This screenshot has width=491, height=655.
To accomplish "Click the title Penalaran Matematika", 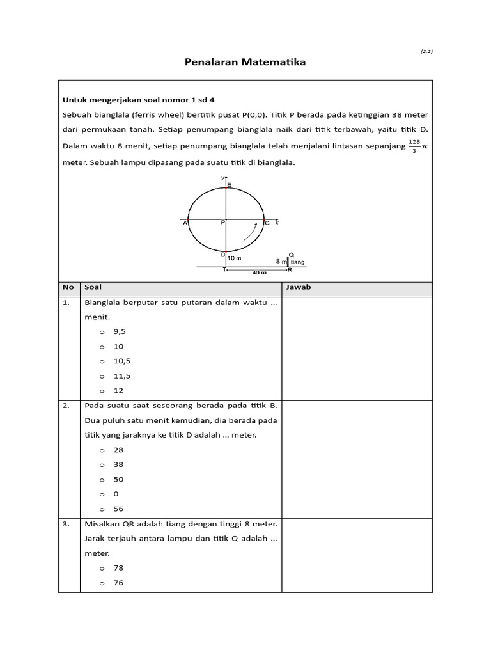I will tap(245, 62).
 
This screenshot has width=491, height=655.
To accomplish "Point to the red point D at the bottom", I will tap(224, 251).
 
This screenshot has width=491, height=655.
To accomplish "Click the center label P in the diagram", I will tap(223, 223).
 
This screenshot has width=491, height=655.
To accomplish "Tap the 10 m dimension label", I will tap(235, 258).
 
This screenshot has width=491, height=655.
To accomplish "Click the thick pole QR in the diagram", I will tap(287, 261).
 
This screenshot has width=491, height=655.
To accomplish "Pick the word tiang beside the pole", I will tap(297, 262).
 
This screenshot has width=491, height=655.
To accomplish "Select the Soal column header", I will tap(93, 287).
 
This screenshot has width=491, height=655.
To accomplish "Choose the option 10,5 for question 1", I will tap(122, 361).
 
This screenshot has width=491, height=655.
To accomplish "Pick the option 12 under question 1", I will tap(118, 390).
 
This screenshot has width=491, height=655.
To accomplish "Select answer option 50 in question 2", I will tap(118, 479).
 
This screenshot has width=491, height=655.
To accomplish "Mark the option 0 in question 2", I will tap(116, 494).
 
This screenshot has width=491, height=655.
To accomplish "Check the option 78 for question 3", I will tap(118, 568).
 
